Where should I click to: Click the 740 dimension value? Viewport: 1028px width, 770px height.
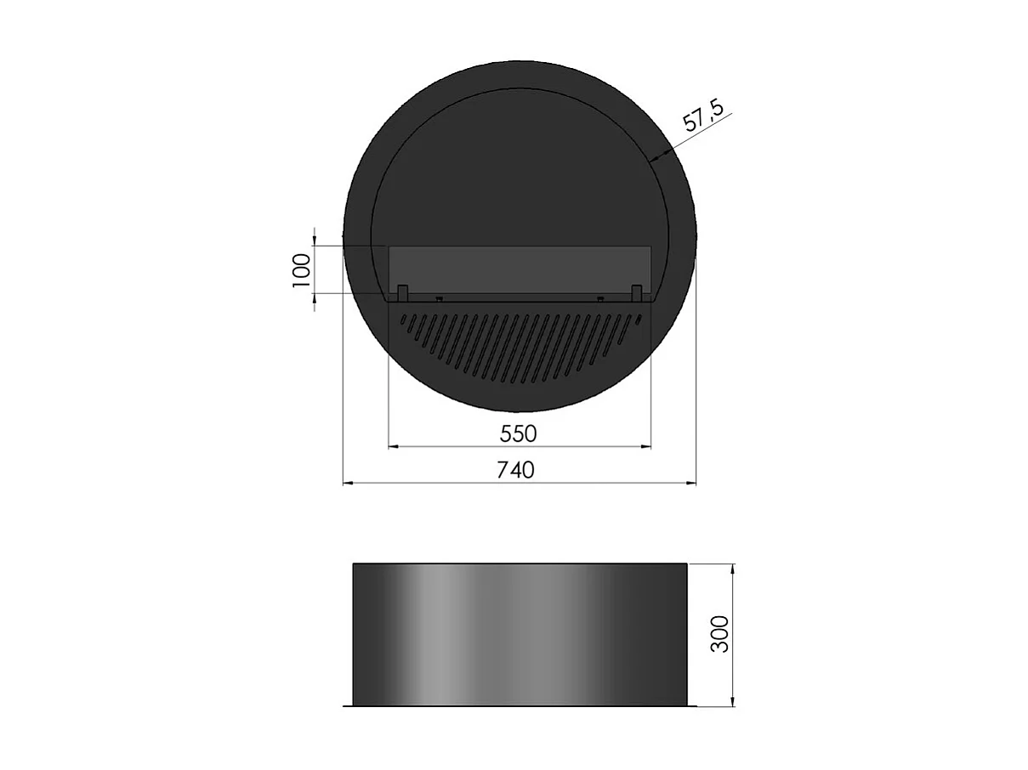tap(516, 469)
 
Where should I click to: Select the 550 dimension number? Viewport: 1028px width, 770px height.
tap(519, 433)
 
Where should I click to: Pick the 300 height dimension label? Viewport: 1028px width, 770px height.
tap(720, 634)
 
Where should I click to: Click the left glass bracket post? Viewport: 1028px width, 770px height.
tap(403, 292)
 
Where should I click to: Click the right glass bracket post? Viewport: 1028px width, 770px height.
tap(636, 292)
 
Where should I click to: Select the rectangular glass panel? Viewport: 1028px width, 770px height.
tap(519, 268)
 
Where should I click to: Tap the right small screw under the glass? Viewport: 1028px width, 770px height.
tap(600, 299)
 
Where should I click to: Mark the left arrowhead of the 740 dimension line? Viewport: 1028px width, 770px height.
tap(348, 484)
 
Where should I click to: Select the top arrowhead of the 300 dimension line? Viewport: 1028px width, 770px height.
tap(733, 568)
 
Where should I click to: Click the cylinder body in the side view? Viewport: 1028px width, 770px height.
tap(519, 634)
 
